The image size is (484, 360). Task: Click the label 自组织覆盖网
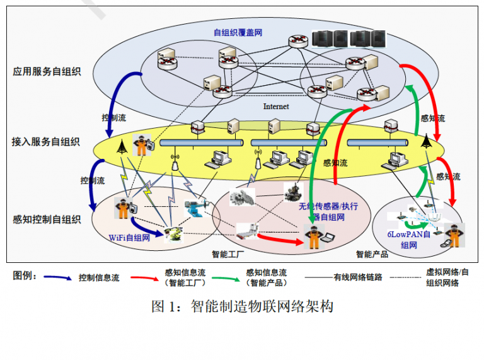(x=238, y=32)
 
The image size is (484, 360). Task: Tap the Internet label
(x=276, y=107)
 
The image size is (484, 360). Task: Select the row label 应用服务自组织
(x=47, y=71)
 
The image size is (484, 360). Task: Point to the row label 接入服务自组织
(x=45, y=142)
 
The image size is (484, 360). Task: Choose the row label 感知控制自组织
(x=47, y=219)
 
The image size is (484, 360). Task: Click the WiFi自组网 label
(x=129, y=238)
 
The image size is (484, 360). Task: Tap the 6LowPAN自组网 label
(x=408, y=240)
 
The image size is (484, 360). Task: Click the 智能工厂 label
(x=228, y=254)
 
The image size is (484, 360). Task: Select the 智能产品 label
(x=372, y=254)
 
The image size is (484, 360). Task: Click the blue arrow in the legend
(x=57, y=277)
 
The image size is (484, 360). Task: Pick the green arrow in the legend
(x=226, y=279)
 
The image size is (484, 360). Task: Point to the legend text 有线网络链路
(x=358, y=277)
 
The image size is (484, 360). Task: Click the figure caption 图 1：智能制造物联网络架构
(x=242, y=306)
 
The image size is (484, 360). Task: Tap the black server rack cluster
(x=349, y=38)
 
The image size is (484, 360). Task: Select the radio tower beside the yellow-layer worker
(x=122, y=146)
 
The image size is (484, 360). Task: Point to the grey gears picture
(x=242, y=197)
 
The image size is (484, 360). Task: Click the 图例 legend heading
(x=25, y=276)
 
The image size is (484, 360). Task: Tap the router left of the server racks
(x=298, y=41)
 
